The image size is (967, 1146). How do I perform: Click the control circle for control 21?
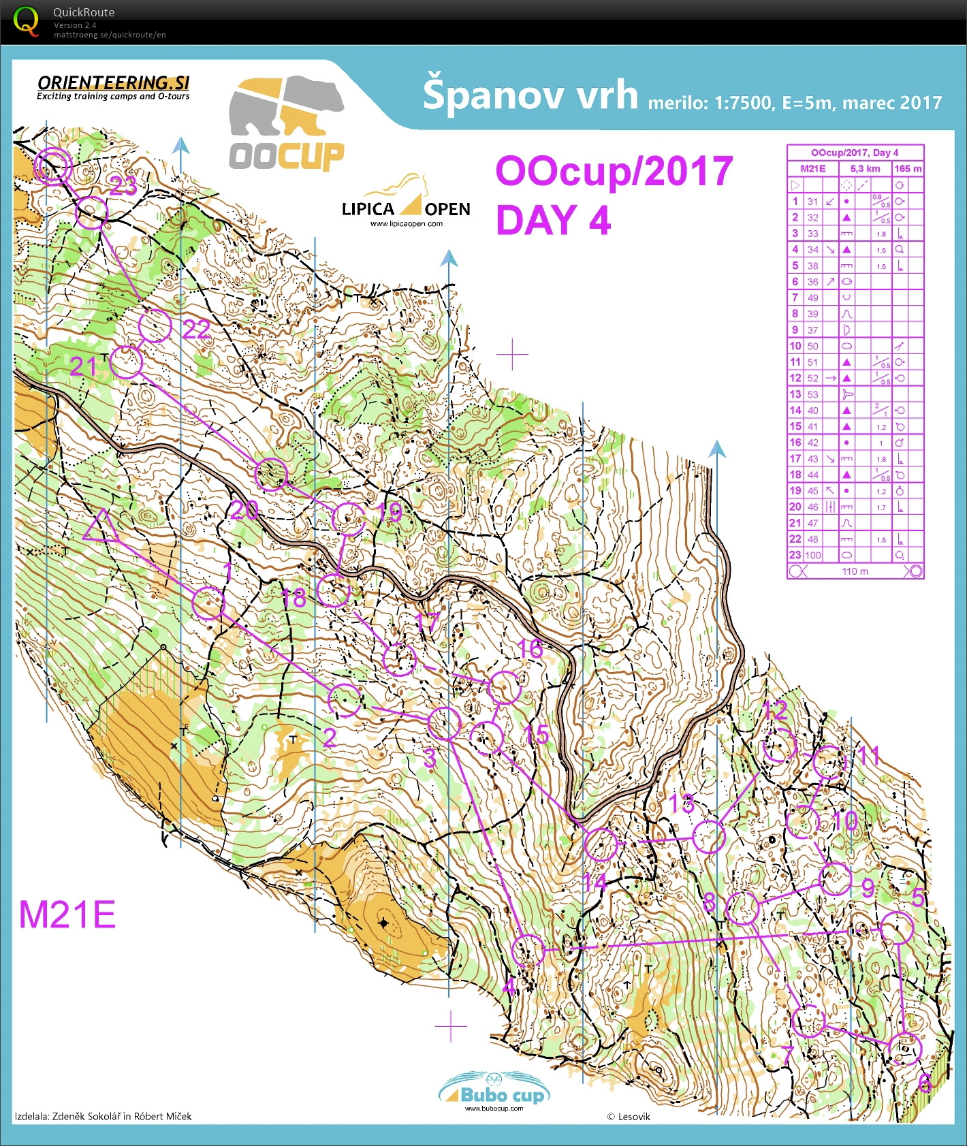pos(126,362)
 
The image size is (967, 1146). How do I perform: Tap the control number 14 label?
pos(595,883)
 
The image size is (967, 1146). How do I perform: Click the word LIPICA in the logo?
pos(368,209)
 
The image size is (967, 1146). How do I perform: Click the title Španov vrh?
pos(530,95)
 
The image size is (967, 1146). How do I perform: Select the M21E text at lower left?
pos(67,914)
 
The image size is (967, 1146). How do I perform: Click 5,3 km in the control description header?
pos(865,168)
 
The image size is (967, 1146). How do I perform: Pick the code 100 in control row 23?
pos(812,555)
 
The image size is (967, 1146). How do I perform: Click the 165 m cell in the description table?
pos(908,168)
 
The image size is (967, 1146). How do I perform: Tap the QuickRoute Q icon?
pos(26,21)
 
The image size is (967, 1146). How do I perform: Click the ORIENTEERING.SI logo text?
pos(113,83)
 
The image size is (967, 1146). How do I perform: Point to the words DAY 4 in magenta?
pos(553,220)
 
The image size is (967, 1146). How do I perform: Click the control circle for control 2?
pos(345,700)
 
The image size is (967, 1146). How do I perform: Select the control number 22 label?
pos(197,330)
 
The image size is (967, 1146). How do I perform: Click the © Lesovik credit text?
pos(629,1117)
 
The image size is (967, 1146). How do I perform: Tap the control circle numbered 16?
pos(505,687)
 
